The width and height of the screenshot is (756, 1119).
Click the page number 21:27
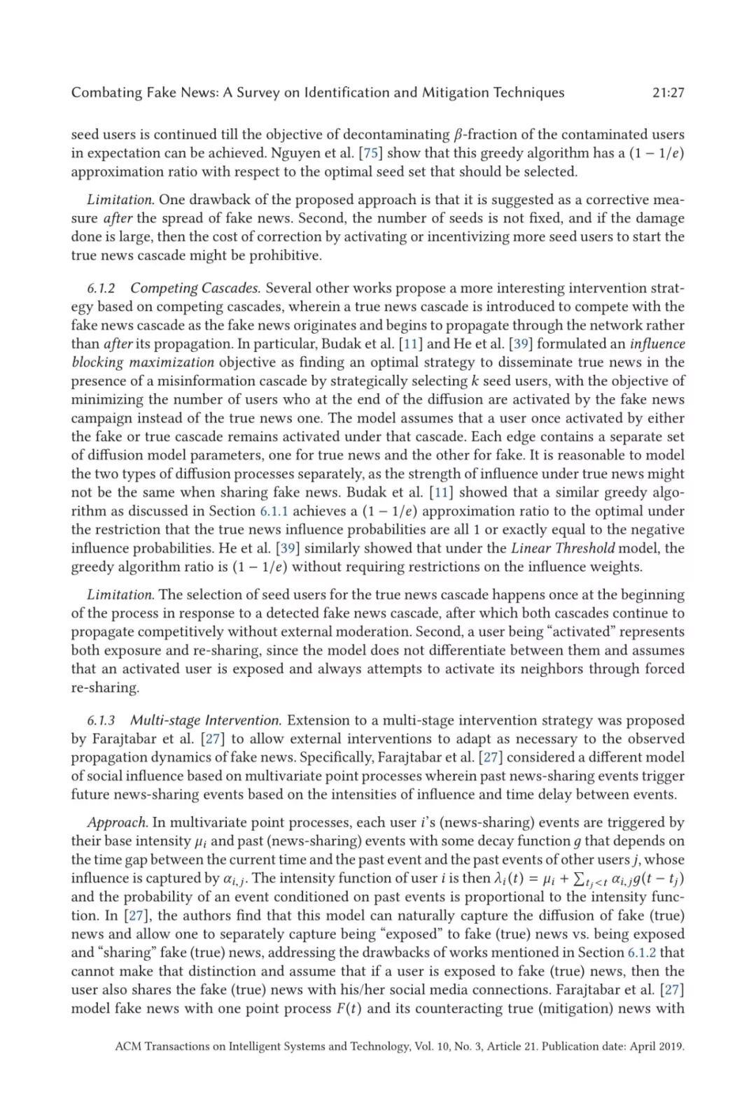point(668,92)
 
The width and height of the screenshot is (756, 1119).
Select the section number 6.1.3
point(101,720)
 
